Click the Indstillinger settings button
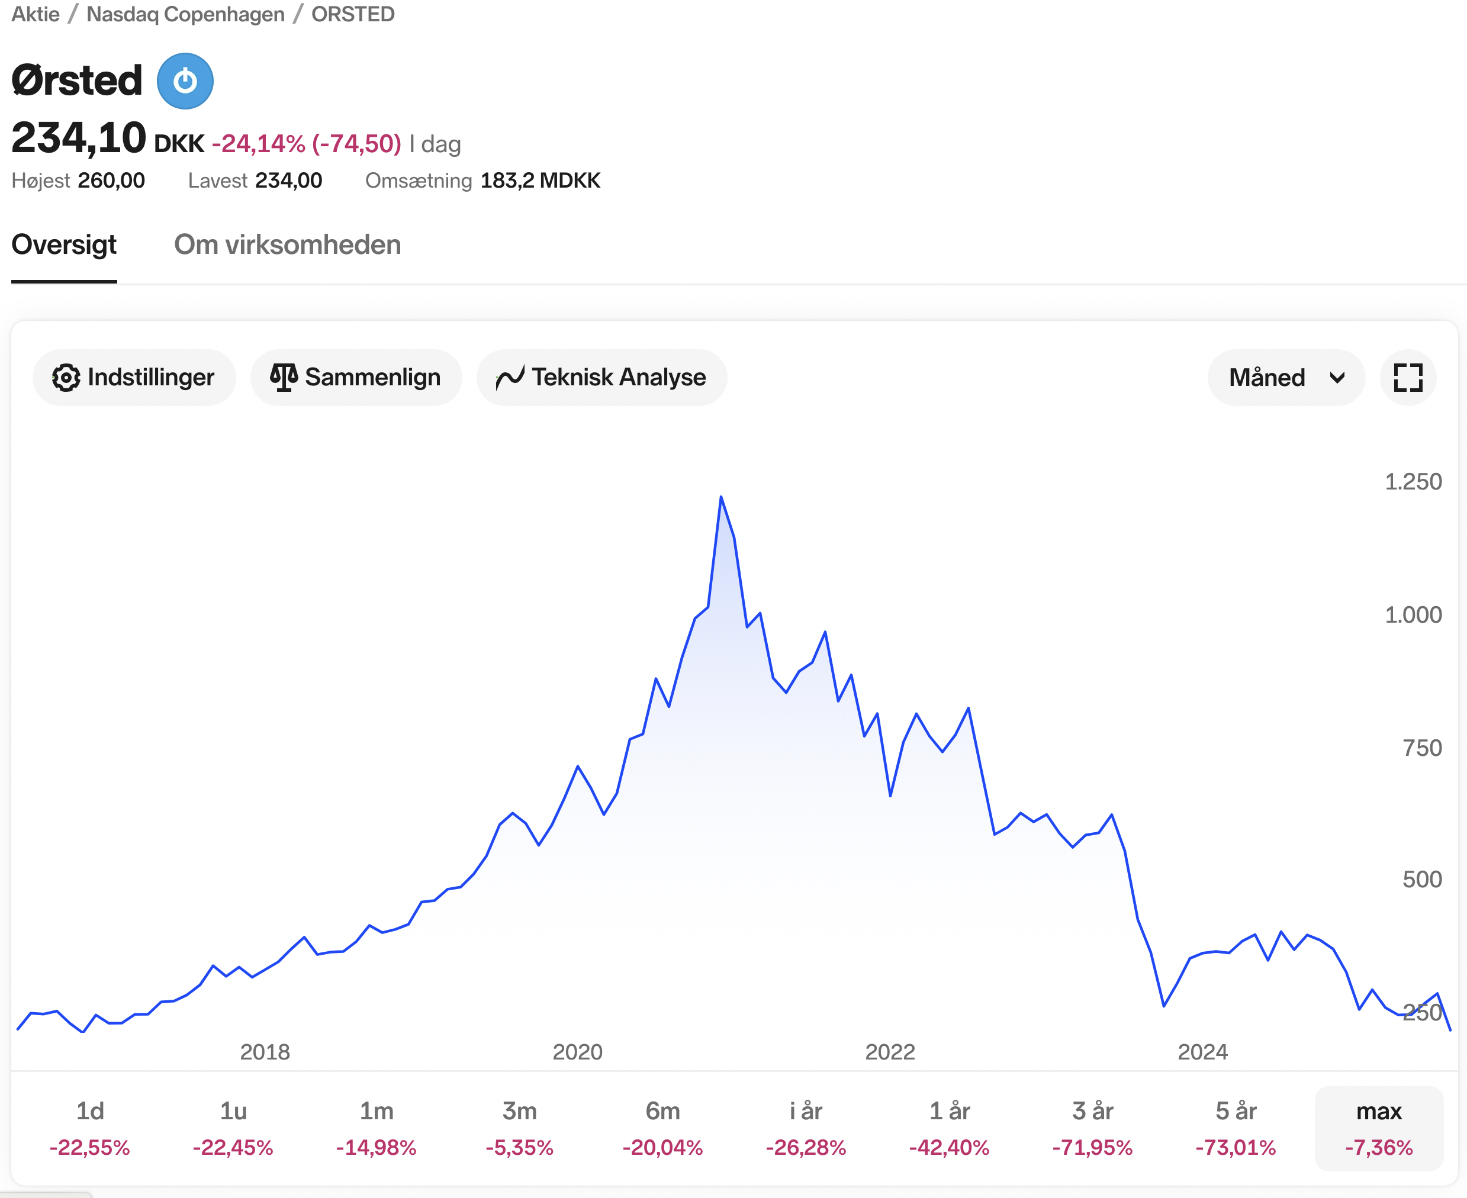coord(134,378)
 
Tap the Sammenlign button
coord(355,378)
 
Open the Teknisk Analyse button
coord(601,378)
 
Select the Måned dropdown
coord(1285,378)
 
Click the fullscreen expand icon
coord(1408,378)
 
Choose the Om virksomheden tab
coord(287,245)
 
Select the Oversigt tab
coord(64,245)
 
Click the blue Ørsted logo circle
coord(185,82)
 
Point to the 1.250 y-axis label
coord(1413,482)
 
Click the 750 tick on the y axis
coord(1421,748)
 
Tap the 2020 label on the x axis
coord(578,1052)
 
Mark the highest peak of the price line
coord(721,497)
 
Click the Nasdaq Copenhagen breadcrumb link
coord(185,14)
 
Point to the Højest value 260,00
coord(111,181)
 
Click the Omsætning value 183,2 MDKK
coord(541,181)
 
